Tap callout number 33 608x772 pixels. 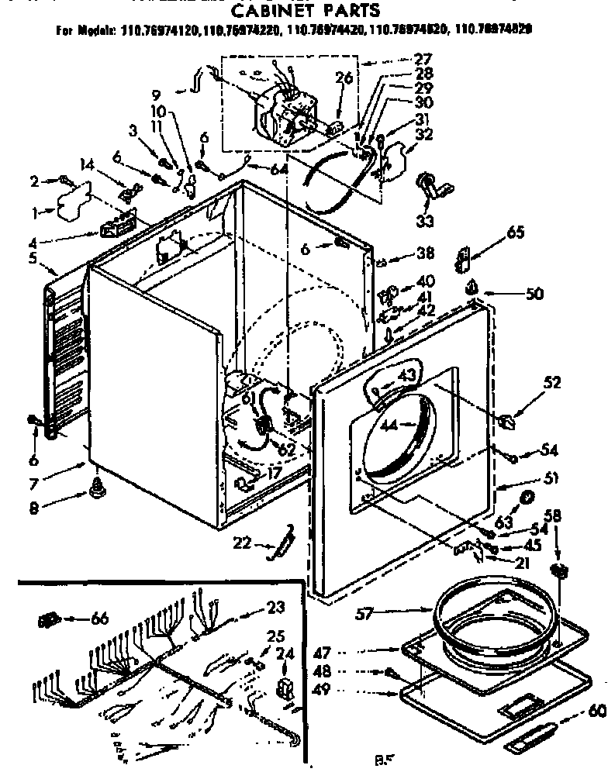(425, 221)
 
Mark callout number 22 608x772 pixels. (244, 543)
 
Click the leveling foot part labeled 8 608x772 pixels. (98, 488)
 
